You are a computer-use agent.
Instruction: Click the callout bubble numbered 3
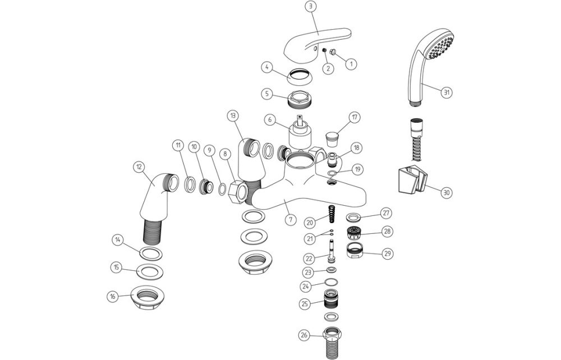pos(311,6)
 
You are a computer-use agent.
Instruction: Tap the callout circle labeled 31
pos(447,93)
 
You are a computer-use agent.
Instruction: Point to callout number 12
pos(138,166)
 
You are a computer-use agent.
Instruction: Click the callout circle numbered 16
pos(114,296)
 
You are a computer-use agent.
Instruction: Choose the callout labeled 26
pos(304,335)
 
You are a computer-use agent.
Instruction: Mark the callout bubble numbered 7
pos(289,219)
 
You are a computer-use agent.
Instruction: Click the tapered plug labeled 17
pos(335,136)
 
